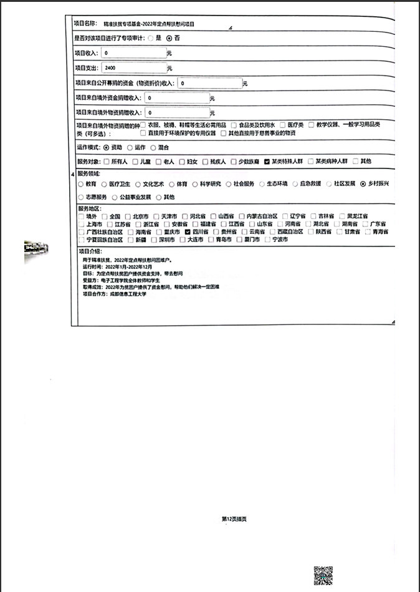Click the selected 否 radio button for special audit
(x=168, y=39)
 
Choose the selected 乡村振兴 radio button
(x=363, y=184)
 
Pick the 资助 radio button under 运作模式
(x=106, y=148)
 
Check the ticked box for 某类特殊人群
(x=267, y=162)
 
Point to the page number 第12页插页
(x=234, y=518)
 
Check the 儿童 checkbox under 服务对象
(x=135, y=162)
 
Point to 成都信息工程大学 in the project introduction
(x=128, y=294)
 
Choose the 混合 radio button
(x=154, y=148)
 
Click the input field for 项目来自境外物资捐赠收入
(x=177, y=113)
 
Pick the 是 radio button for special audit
(x=150, y=39)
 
